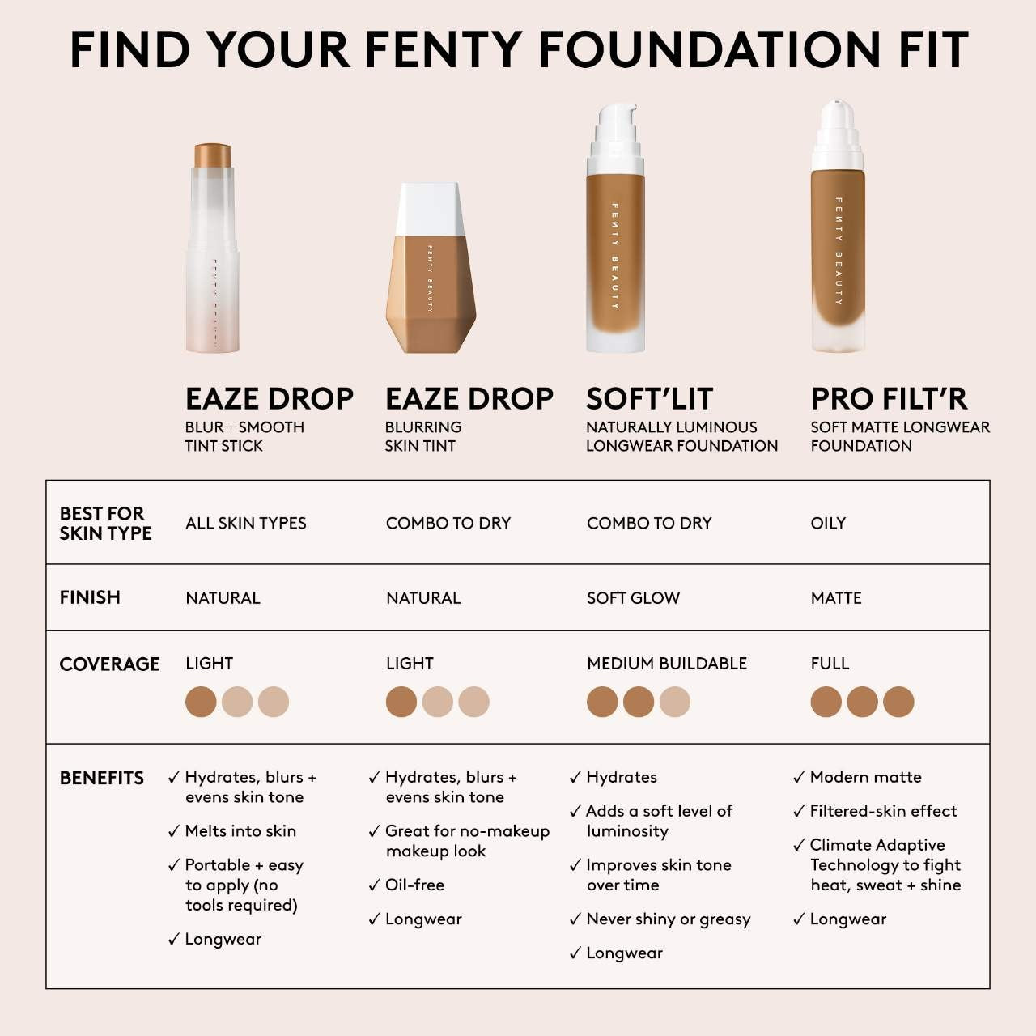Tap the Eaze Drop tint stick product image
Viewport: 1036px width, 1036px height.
coord(213,248)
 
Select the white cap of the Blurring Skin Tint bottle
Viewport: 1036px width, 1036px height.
coord(429,208)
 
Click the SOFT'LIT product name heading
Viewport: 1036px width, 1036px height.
coord(649,399)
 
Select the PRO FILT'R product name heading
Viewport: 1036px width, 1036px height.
coord(889,399)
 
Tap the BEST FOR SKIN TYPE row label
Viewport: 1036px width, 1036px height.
coord(105,523)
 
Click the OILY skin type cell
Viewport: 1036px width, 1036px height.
coord(828,524)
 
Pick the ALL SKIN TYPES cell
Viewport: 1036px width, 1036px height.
coord(245,524)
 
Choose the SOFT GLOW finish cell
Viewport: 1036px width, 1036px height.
coord(633,598)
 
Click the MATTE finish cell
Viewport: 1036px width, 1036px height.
coord(836,598)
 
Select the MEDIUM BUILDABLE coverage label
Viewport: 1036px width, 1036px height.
coord(667,664)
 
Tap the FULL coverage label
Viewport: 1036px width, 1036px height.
coord(830,664)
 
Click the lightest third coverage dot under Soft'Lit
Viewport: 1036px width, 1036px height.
coord(674,702)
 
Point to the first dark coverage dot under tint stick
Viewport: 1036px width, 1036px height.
coord(201,702)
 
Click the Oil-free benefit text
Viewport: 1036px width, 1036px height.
coord(414,885)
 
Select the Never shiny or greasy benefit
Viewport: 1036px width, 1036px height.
coord(668,919)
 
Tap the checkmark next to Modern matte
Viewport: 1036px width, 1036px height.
coord(799,778)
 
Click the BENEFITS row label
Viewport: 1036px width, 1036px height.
coord(101,778)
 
